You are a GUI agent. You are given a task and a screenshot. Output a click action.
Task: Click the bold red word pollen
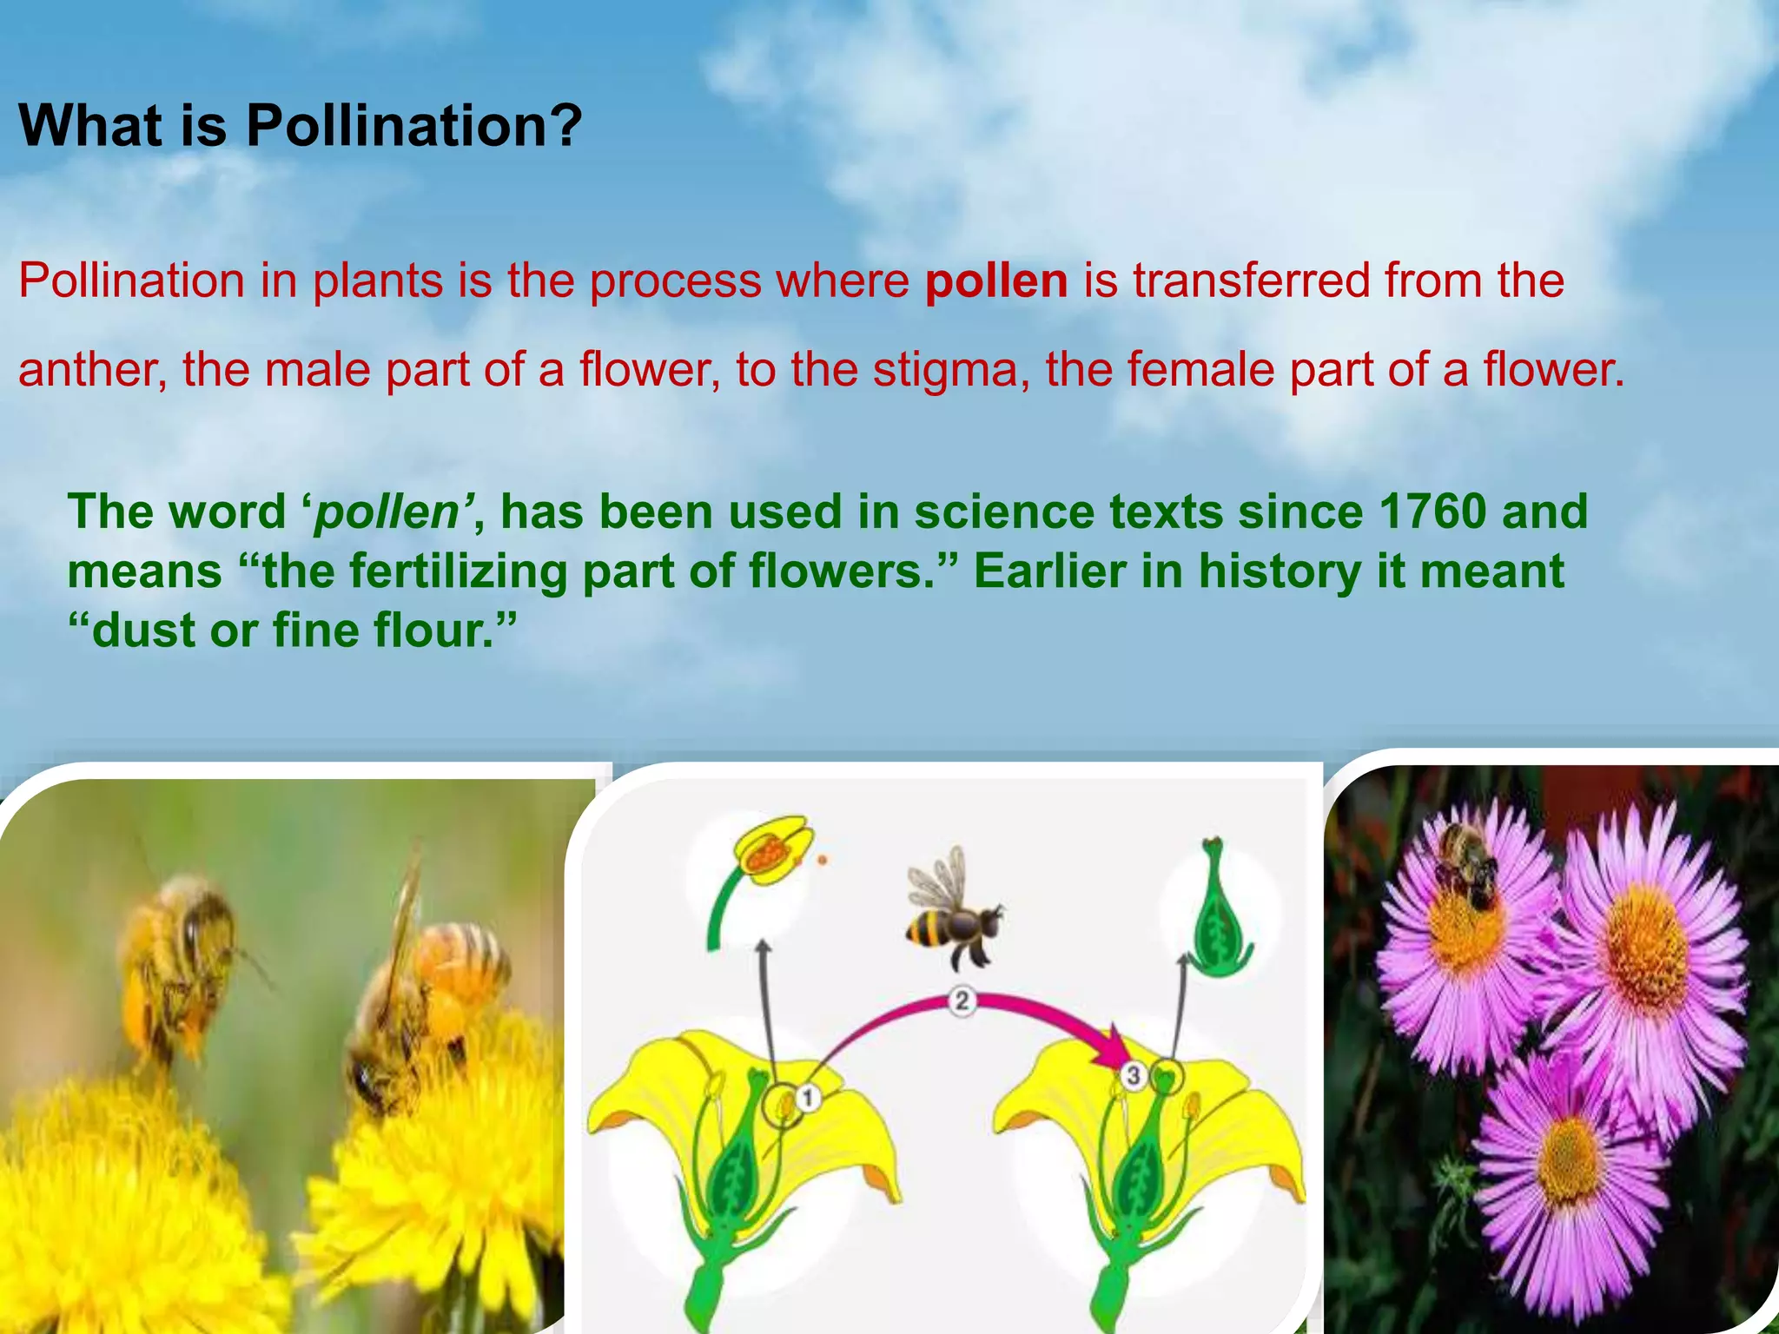pyautogui.click(x=995, y=281)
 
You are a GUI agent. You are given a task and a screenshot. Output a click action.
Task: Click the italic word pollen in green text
pyautogui.click(x=385, y=512)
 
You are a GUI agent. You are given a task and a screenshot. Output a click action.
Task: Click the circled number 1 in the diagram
pyautogui.click(x=808, y=1097)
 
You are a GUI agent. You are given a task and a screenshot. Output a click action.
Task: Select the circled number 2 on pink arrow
pyautogui.click(x=962, y=1000)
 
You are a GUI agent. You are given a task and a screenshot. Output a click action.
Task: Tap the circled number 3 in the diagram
pyautogui.click(x=1133, y=1075)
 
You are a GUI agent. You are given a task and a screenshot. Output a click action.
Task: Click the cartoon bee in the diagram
pyautogui.click(x=950, y=912)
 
